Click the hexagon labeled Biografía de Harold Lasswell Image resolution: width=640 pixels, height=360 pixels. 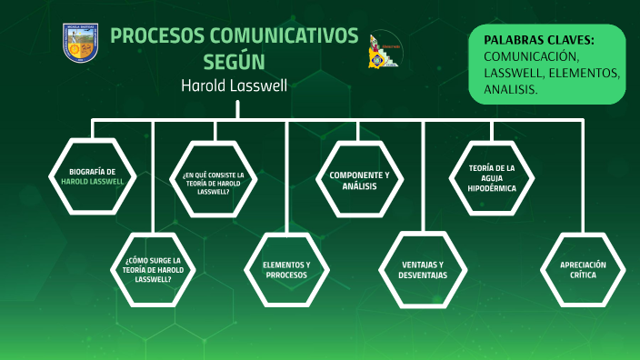92,175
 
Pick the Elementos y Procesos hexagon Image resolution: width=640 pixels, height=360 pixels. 286,269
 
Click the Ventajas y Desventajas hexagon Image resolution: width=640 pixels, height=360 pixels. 424,269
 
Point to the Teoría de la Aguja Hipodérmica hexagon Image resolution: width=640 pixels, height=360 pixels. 492,175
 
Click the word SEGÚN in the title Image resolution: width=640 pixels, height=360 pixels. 235,61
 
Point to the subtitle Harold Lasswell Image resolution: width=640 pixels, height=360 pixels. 235,85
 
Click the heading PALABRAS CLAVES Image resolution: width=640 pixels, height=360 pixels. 539,40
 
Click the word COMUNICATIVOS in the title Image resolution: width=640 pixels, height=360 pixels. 285,36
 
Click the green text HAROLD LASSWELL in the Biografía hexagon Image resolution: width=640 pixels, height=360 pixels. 92,181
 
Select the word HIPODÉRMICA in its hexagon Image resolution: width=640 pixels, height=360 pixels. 492,187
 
